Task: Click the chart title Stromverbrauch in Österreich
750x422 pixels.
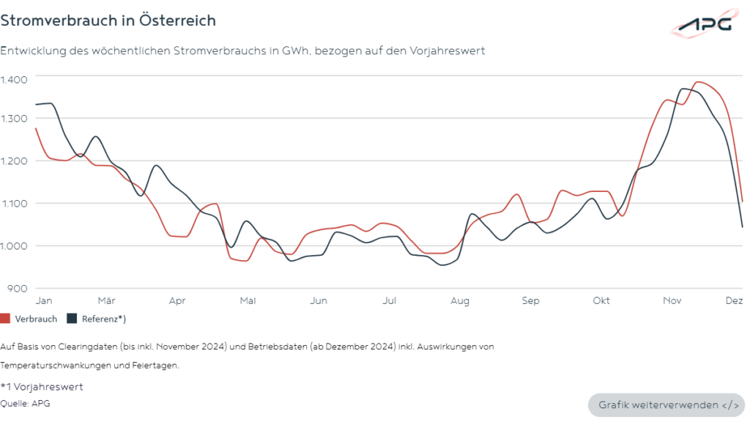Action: (x=108, y=21)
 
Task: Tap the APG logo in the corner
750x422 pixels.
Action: (x=702, y=23)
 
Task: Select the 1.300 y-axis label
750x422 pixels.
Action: (x=14, y=118)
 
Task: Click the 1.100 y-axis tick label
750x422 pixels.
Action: (x=14, y=203)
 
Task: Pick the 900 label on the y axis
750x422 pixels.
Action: (x=18, y=288)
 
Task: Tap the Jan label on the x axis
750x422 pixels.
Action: (x=43, y=300)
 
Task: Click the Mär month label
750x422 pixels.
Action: (x=106, y=300)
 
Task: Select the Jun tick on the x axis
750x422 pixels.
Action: (x=318, y=300)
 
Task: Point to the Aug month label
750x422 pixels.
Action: (x=460, y=300)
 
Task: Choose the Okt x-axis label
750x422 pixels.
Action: (x=601, y=300)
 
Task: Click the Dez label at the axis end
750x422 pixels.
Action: (x=734, y=300)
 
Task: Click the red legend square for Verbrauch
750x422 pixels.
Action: (x=5, y=319)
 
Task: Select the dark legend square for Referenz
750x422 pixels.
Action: (x=72, y=319)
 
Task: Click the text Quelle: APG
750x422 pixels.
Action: (x=26, y=403)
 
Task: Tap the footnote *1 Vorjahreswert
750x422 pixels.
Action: (x=42, y=387)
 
